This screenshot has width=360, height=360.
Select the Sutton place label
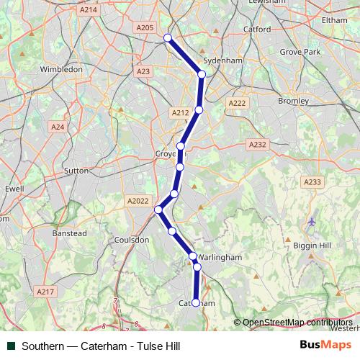[x=76, y=171]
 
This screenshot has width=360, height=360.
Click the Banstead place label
[x=69, y=233]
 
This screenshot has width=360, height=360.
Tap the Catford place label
[x=257, y=30]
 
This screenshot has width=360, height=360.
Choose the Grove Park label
[x=300, y=53]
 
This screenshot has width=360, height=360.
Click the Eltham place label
[x=334, y=20]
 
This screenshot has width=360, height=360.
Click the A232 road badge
[x=257, y=145]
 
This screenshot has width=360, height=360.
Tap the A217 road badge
[x=45, y=292]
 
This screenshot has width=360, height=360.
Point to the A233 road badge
[x=312, y=182]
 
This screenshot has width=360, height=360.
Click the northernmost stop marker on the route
[x=168, y=38]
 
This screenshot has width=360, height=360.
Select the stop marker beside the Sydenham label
[x=202, y=74]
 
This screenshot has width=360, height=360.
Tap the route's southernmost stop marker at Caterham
[x=195, y=303]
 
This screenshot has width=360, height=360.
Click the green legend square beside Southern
[x=11, y=346]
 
